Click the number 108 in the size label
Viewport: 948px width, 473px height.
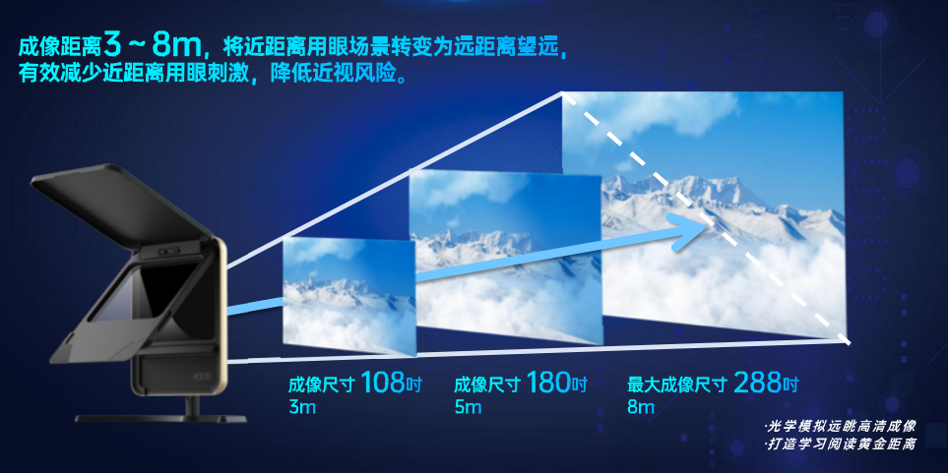(382, 383)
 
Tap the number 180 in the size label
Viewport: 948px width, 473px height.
(548, 383)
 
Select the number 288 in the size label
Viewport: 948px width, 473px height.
(757, 383)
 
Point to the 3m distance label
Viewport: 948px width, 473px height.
(302, 406)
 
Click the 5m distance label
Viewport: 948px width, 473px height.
(468, 406)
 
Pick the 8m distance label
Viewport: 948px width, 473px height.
(641, 406)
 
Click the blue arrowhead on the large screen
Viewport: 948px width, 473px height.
(689, 231)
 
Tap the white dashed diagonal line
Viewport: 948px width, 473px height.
(706, 218)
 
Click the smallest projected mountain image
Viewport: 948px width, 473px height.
(349, 296)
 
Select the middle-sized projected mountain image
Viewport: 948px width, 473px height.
(505, 257)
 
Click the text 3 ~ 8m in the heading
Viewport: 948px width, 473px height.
(154, 43)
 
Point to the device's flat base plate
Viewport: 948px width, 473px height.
(160, 418)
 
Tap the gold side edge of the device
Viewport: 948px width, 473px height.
(221, 314)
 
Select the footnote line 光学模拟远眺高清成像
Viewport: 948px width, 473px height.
(841, 427)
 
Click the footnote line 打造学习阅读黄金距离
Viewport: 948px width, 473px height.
(841, 444)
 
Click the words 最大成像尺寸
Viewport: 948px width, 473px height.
(676, 384)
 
